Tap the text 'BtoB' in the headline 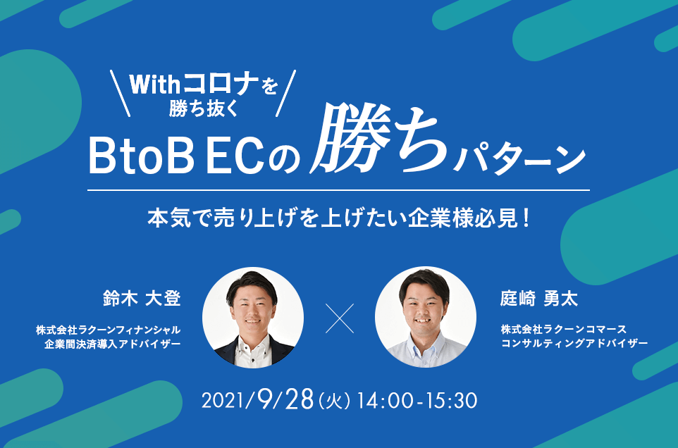point(142,156)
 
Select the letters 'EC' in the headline point(235,156)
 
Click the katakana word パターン point(519,160)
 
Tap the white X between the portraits point(340,318)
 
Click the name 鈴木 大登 point(142,299)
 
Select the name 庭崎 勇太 point(538,299)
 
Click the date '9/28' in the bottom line point(285,399)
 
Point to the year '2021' point(223,401)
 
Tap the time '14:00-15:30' point(417,401)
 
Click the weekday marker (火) point(334,402)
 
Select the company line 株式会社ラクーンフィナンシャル point(108,330)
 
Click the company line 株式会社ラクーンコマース point(564,329)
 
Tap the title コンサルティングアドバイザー point(574,344)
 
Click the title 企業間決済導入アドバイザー point(113,344)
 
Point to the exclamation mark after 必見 point(526,218)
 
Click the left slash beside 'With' point(121,93)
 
